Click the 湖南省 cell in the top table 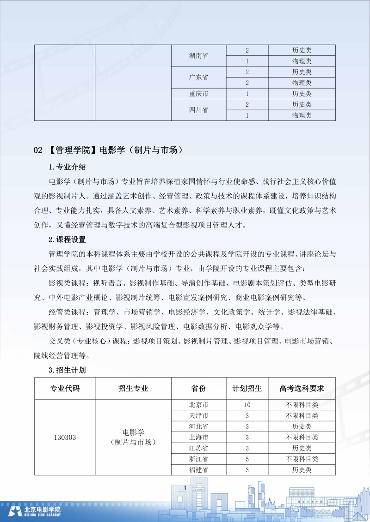point(198,55)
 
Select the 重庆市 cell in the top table point(198,94)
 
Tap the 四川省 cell point(198,110)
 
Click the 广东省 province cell point(198,78)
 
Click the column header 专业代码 point(65,388)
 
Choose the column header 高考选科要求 point(302,388)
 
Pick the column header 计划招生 point(247,388)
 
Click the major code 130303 point(65,437)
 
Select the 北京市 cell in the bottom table point(198,405)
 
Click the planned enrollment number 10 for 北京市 point(247,405)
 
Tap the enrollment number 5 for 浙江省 point(247,459)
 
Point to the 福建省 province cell point(198,470)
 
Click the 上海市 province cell point(198,437)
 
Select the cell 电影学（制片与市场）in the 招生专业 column point(133,437)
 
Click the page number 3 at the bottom point(185,488)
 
